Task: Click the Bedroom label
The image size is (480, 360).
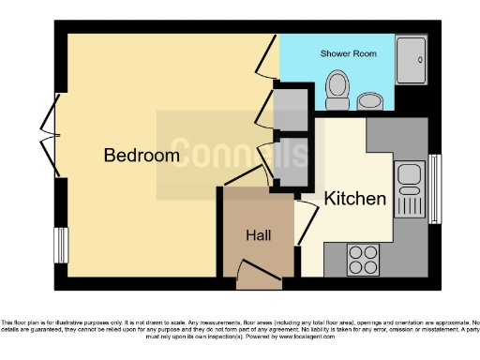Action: coord(141,156)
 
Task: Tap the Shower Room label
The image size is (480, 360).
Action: coord(349,54)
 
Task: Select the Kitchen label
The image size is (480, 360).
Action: coord(354,199)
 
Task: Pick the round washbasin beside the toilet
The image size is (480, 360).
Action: coord(368,100)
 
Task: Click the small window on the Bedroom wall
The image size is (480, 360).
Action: coord(59,241)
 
